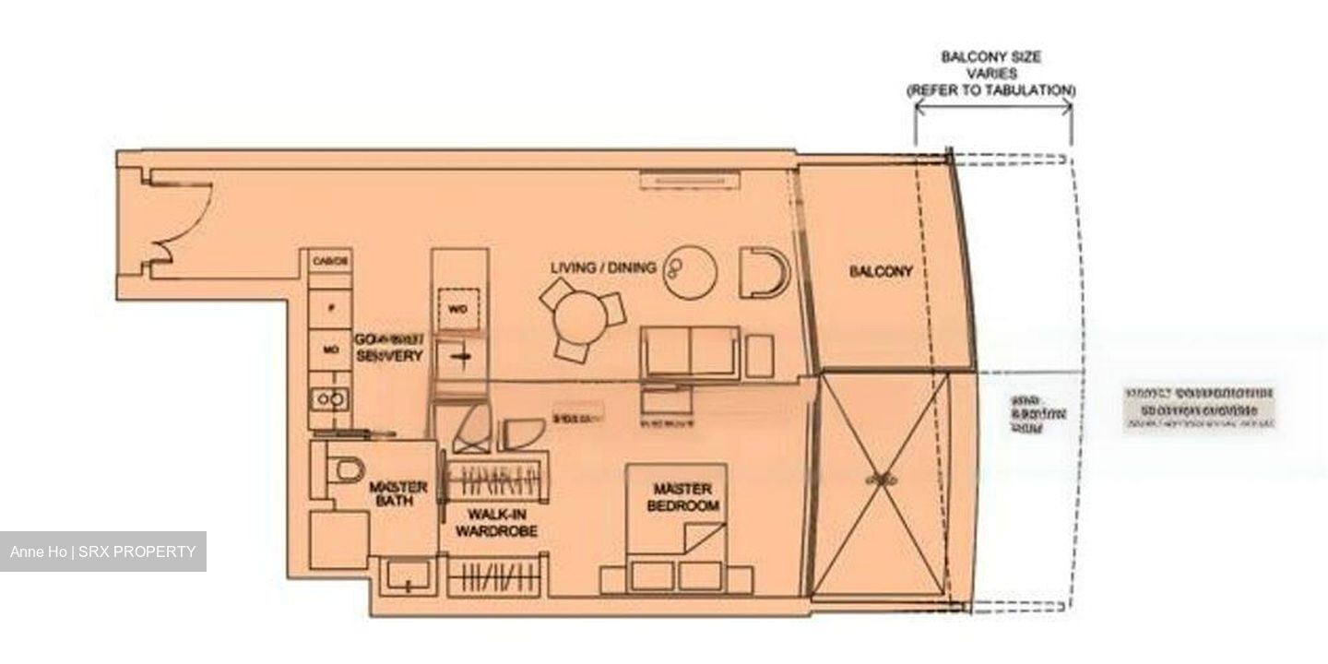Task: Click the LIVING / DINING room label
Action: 603,267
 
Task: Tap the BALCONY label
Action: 881,272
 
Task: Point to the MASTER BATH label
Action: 397,493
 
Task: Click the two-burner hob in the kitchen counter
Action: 329,399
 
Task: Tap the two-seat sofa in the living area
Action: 691,352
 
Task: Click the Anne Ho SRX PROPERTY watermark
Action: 103,551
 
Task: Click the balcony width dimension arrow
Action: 992,106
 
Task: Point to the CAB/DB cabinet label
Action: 329,261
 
